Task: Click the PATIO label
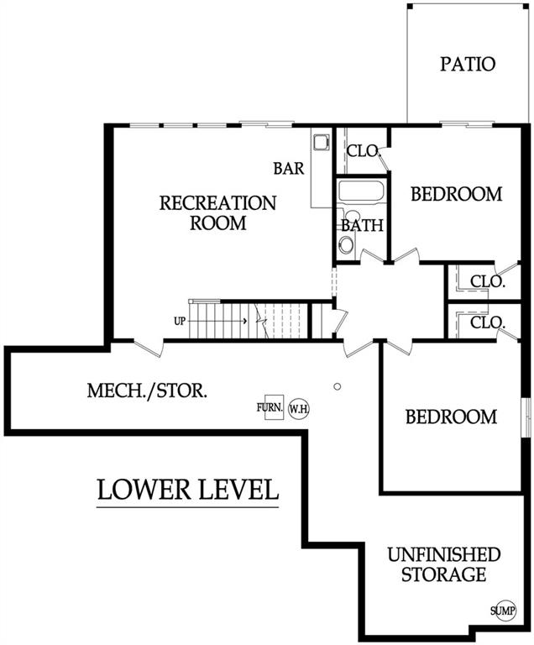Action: click(x=468, y=64)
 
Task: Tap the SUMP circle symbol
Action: click(x=503, y=611)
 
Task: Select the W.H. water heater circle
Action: click(x=299, y=409)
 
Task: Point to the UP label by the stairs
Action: click(x=180, y=321)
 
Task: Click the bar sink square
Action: click(x=321, y=142)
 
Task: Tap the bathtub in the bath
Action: click(x=361, y=191)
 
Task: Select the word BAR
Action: click(x=289, y=168)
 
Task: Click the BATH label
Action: click(x=362, y=225)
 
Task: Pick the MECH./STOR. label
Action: click(x=147, y=391)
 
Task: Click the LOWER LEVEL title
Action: click(x=188, y=490)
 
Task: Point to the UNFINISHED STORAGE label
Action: click(x=444, y=564)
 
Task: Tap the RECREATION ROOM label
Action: click(x=217, y=213)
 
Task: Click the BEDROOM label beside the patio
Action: click(x=457, y=194)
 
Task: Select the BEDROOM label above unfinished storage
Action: click(x=452, y=417)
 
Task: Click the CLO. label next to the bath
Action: click(x=363, y=151)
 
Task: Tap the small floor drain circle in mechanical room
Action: click(x=338, y=386)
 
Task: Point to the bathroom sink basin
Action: click(x=347, y=245)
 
